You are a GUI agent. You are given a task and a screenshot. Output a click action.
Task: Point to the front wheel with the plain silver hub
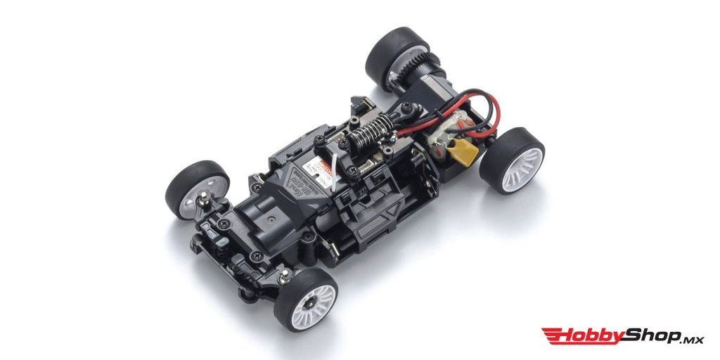pos(197,189)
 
